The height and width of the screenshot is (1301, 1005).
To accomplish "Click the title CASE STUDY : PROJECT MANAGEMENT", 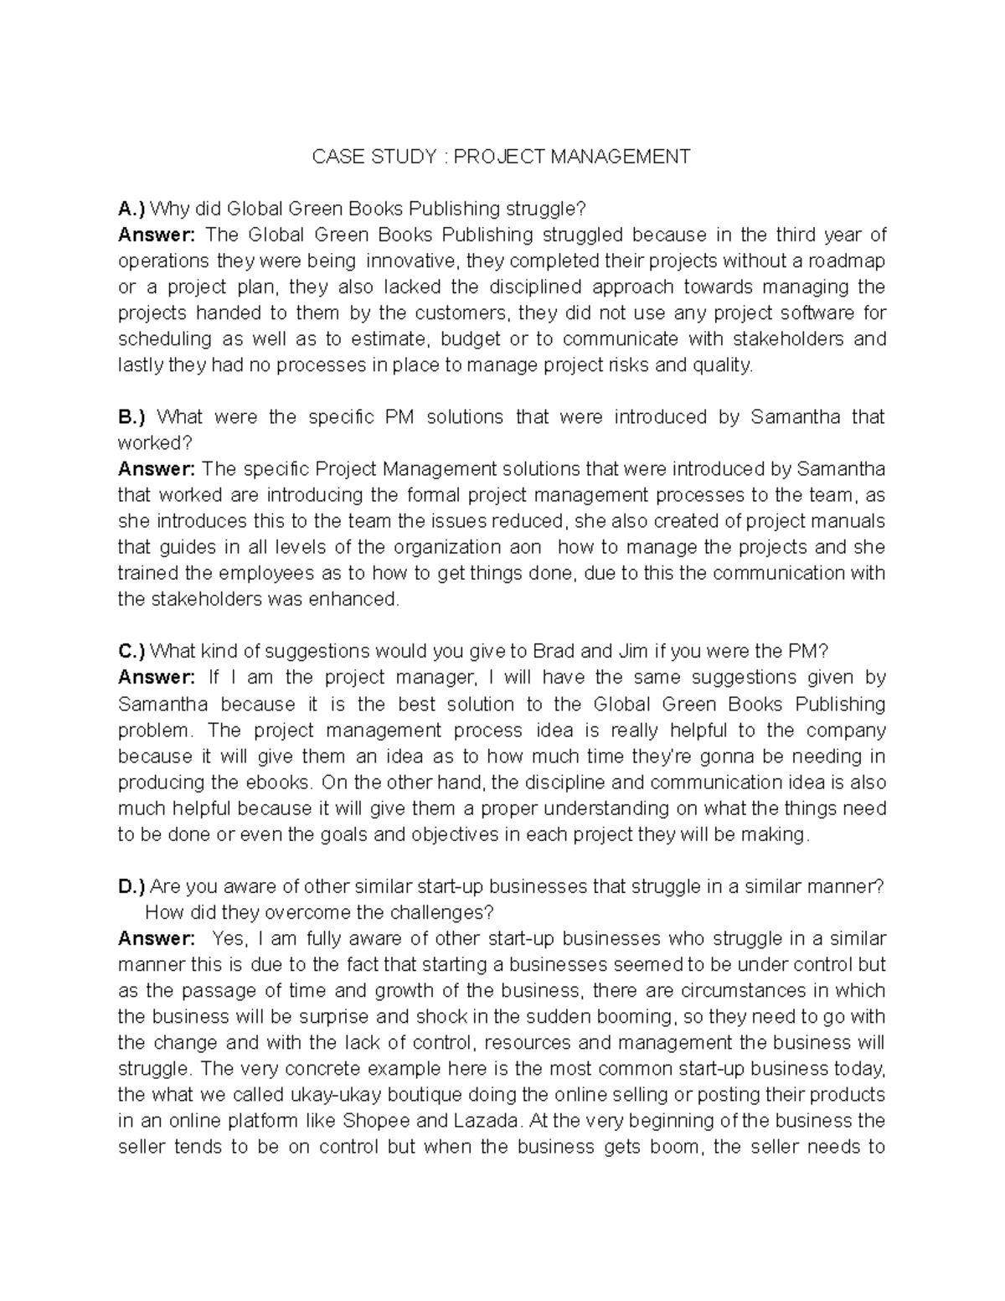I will tap(501, 157).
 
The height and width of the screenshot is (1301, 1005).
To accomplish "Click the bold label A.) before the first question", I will tap(132, 209).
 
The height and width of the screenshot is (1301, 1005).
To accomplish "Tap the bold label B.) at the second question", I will tap(132, 416).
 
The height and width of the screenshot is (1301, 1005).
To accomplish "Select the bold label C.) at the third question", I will tap(132, 651).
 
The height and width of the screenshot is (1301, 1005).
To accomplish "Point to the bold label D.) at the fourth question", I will tap(132, 886).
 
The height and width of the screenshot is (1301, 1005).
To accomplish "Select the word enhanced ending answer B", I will tap(363, 599).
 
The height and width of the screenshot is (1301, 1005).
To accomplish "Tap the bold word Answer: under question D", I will tap(157, 938).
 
